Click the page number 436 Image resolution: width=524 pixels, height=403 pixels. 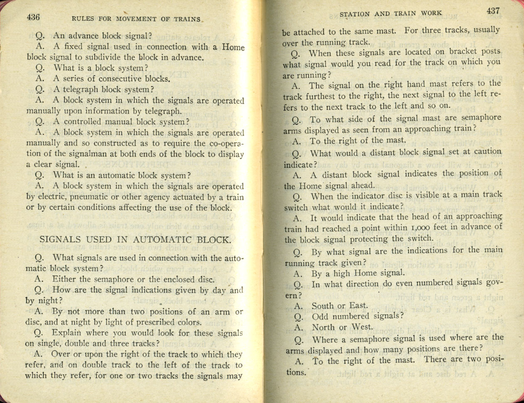[33, 17]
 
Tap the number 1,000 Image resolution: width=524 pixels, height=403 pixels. [422, 227]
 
